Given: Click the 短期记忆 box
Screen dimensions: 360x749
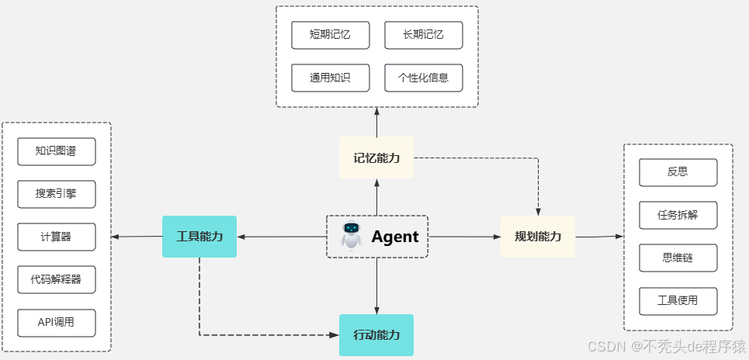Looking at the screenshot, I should tap(330, 35).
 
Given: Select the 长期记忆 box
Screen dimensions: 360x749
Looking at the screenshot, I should tap(423, 35).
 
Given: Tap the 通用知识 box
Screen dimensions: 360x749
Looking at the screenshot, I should tap(330, 78).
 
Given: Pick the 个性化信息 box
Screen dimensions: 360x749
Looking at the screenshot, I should tap(423, 78).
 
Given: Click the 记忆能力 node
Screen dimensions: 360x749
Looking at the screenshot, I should tap(376, 157).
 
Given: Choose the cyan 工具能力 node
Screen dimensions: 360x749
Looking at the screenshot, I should tap(199, 237).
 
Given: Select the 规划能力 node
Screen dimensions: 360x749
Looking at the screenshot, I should tap(538, 237).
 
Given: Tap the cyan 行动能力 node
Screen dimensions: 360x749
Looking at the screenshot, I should tap(376, 335).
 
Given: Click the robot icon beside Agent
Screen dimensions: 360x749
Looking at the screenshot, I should tap(352, 236).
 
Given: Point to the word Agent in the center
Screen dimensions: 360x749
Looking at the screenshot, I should tap(394, 237).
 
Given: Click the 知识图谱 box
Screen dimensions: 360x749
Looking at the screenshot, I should tap(57, 151).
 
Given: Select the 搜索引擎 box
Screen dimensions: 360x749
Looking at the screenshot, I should tap(57, 194).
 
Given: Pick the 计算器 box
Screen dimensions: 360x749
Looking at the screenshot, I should tap(57, 237).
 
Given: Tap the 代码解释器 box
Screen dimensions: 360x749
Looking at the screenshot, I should tap(57, 279).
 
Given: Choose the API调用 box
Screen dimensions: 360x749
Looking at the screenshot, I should tap(57, 322).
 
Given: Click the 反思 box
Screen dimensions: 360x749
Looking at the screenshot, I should tap(678, 172).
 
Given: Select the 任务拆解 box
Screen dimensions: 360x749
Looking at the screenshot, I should tap(678, 215).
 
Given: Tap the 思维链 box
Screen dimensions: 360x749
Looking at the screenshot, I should tap(678, 258).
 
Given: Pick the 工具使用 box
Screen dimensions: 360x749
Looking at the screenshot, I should tap(678, 300).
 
